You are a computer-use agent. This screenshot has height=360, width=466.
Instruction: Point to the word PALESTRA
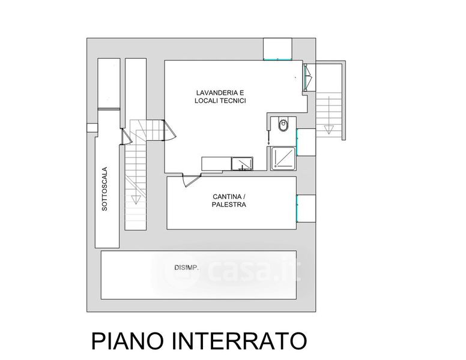[x=229, y=205]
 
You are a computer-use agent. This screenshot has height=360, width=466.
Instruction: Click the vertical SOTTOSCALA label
[x=104, y=189]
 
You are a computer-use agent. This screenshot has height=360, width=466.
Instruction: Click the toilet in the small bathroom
[x=283, y=125]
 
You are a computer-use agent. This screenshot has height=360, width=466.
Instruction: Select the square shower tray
[x=283, y=158]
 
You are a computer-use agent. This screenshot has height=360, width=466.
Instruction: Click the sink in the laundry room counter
[x=242, y=164]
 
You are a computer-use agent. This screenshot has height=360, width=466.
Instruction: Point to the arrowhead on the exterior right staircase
[x=328, y=130]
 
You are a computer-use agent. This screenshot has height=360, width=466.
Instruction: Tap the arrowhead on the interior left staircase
[x=136, y=200]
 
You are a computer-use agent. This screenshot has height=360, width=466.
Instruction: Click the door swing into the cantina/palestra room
[x=191, y=181]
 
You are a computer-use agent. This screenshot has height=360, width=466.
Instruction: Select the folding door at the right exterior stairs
[x=307, y=77]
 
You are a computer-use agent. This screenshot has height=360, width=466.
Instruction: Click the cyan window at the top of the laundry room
[x=277, y=60]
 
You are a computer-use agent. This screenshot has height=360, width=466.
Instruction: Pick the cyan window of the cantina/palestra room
[x=297, y=208]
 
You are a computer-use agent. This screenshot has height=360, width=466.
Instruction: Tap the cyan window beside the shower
[x=297, y=142]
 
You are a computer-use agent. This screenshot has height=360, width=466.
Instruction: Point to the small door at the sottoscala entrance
[x=126, y=137]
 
